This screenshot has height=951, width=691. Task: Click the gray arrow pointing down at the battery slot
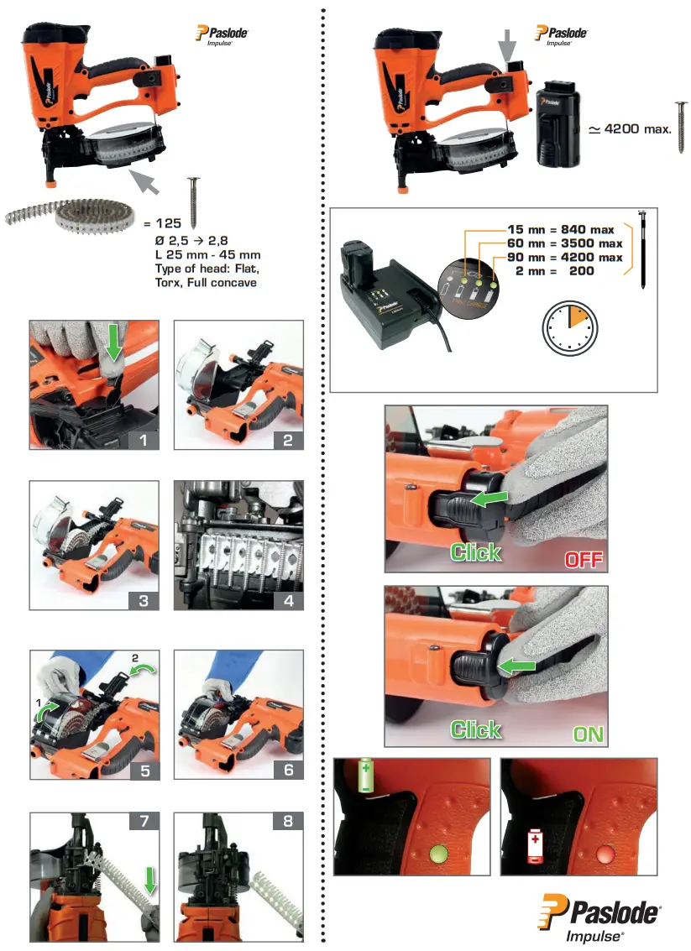pyautogui.click(x=510, y=44)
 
